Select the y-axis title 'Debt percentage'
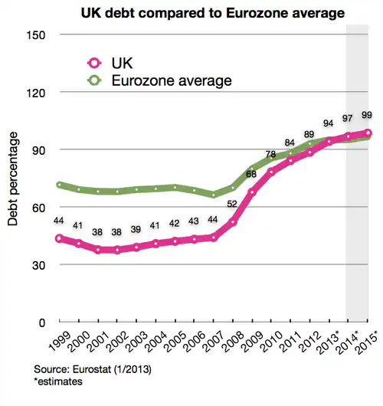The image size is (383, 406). (x=13, y=178)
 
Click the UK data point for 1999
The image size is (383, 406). (x=59, y=238)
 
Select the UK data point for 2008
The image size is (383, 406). (x=233, y=223)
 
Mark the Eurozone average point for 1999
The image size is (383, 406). (x=59, y=185)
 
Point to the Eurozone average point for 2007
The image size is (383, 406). (x=214, y=195)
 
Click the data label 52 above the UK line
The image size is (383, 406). (x=232, y=204)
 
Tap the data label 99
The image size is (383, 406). (x=366, y=115)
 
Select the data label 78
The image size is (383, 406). (x=270, y=155)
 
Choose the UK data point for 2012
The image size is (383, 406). (x=310, y=152)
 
